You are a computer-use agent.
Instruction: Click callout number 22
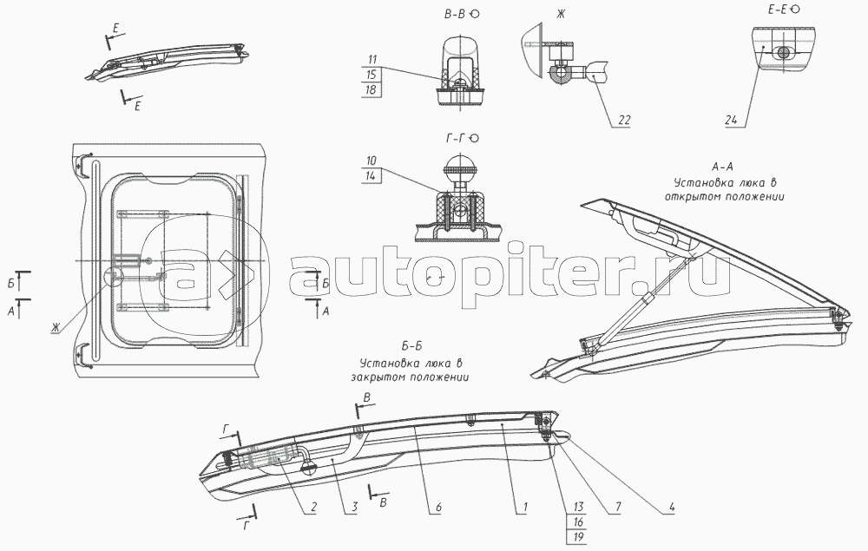pyautogui.click(x=623, y=121)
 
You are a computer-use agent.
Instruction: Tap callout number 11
pyautogui.click(x=372, y=59)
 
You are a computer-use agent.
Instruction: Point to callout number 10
pyautogui.click(x=372, y=161)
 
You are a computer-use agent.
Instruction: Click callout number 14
pyautogui.click(x=372, y=176)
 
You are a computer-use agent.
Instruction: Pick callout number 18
pyautogui.click(x=372, y=90)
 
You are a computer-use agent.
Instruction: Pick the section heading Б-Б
pyautogui.click(x=411, y=351)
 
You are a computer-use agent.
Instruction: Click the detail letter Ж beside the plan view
pyautogui.click(x=56, y=327)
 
